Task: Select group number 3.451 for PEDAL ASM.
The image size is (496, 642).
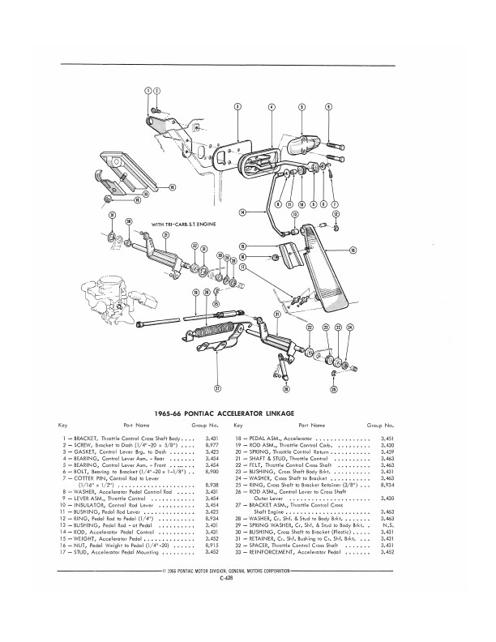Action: pyautogui.click(x=387, y=438)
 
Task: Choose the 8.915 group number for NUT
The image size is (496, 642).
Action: pyautogui.click(x=213, y=525)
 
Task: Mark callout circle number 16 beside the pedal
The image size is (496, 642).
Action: pyautogui.click(x=352, y=250)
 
